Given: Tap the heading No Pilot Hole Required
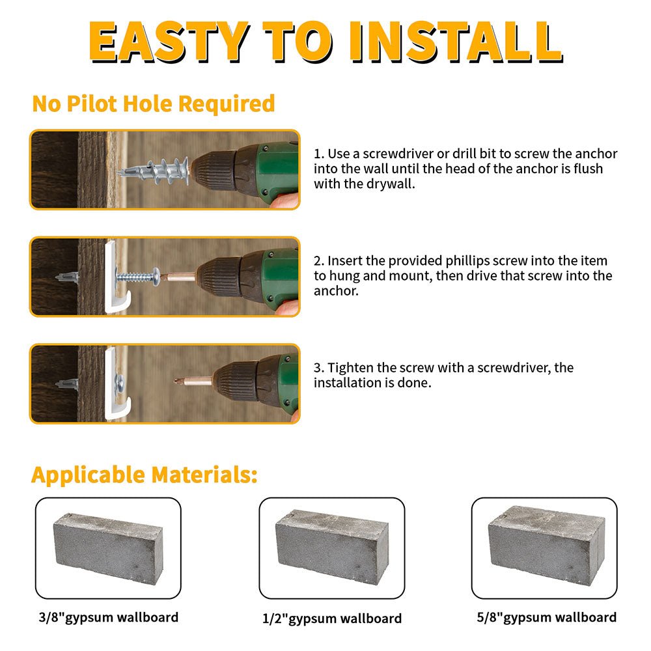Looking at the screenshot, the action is [x=154, y=104].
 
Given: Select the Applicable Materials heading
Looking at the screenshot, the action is [x=145, y=475].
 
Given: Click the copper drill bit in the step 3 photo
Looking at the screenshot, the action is [x=193, y=381].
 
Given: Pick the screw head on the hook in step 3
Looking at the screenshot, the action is [x=120, y=381].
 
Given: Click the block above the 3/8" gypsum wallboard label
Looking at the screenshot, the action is [x=108, y=548].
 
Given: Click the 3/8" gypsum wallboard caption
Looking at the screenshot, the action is [x=108, y=617].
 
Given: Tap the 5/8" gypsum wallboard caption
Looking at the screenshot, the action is [x=546, y=617].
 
